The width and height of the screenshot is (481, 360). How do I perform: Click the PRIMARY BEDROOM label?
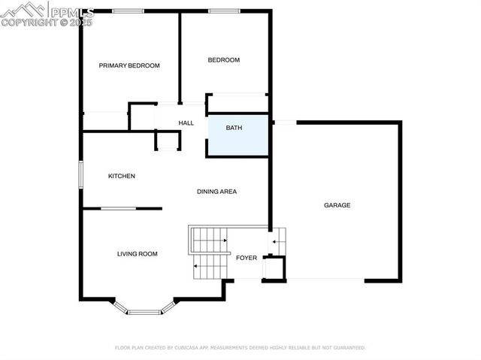point(129,66)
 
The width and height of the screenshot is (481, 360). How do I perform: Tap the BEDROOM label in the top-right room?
point(223,60)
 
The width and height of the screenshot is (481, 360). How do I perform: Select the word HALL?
point(186,123)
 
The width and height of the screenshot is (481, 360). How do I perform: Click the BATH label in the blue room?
point(234,128)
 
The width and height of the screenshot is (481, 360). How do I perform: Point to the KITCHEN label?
point(122,176)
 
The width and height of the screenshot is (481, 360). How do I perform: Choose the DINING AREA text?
point(216,192)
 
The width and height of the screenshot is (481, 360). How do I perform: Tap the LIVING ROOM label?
point(137,254)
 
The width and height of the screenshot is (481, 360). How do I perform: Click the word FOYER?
point(247,258)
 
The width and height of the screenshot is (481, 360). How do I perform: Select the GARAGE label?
point(337,205)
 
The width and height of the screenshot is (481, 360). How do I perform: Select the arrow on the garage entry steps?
point(275,242)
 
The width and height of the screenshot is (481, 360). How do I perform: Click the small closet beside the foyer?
point(274,268)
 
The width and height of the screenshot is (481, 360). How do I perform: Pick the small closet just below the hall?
point(167,141)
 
